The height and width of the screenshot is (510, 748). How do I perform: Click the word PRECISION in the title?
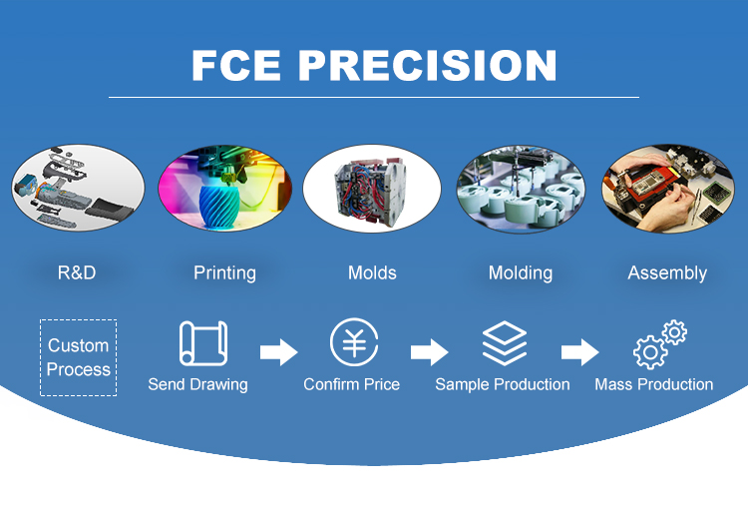coord(428,66)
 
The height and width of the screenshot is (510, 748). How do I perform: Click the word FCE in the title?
coord(236,66)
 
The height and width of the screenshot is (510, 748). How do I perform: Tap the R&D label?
coord(77,272)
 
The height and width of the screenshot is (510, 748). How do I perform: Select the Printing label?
coord(224,273)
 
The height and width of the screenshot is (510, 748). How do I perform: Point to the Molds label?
coord(372,272)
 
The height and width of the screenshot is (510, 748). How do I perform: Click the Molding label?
coord(521,273)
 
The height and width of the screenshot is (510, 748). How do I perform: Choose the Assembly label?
coord(667,273)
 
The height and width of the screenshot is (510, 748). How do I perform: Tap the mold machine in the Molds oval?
coord(370,191)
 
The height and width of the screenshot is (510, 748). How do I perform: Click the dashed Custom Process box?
coord(78,357)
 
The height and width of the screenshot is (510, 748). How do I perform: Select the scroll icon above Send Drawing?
coord(203,343)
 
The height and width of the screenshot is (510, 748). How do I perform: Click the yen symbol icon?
coord(354,342)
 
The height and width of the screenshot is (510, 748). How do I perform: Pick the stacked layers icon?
coord(505,343)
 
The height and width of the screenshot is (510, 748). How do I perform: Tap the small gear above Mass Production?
coord(674,332)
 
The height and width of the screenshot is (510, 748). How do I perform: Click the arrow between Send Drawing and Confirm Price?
coord(278,352)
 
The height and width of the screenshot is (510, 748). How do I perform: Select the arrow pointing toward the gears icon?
coord(579,352)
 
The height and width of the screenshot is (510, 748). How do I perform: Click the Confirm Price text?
coord(352,384)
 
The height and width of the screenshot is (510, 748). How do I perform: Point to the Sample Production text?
coord(503,384)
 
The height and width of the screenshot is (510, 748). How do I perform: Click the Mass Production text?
coord(654,384)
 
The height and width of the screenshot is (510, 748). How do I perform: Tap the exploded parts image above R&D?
coord(78,188)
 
